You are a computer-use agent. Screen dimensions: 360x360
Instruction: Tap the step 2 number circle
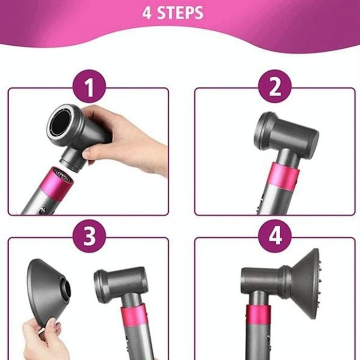point(275,88)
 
